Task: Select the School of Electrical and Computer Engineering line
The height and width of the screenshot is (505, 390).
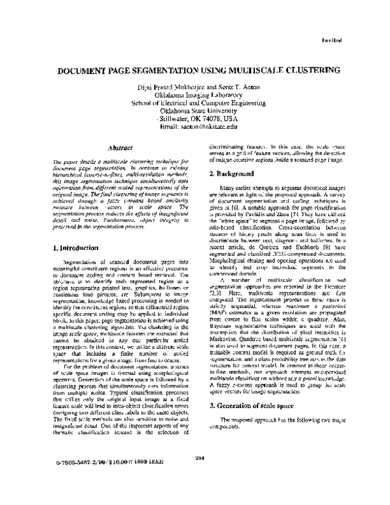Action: pos(198,102)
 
